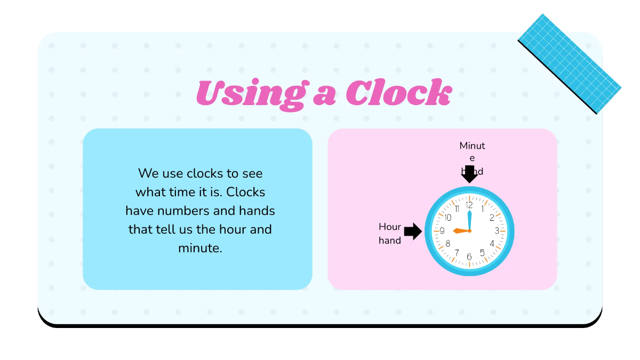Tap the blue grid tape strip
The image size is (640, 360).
coord(569,63)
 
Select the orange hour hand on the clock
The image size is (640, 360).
coord(460,230)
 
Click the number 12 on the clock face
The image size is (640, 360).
coord(469,205)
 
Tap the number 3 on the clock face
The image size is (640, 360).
coord(497,230)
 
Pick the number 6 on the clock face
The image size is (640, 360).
coord(469,257)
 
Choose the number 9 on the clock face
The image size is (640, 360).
coord(442,230)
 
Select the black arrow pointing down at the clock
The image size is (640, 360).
coord(469,174)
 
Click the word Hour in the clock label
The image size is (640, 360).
coord(390,227)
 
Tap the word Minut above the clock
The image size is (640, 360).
coord(473,146)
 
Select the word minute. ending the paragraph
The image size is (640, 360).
coord(200,247)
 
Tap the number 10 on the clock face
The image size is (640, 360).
coord(447,217)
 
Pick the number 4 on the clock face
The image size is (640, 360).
coord(492,244)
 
